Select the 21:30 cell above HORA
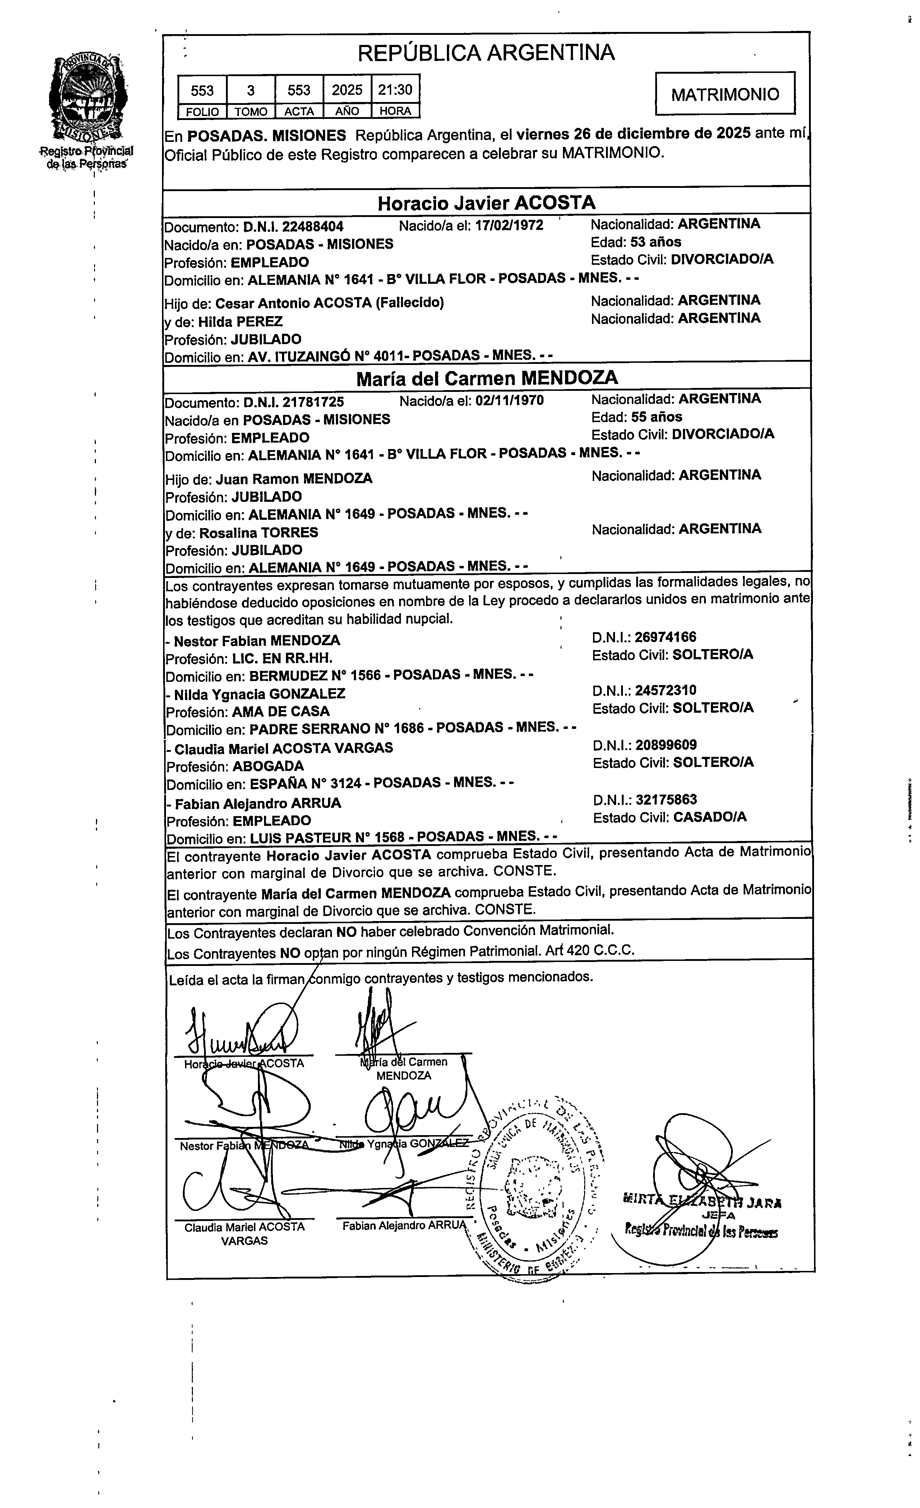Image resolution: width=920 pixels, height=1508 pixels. (x=395, y=90)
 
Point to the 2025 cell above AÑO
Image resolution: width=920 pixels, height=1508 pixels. (x=347, y=90)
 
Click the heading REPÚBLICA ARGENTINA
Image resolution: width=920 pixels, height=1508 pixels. (x=486, y=53)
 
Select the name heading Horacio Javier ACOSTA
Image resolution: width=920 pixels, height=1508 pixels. (x=486, y=203)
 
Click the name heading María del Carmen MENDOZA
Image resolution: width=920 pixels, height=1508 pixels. (x=487, y=378)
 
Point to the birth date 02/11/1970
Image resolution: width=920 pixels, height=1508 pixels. (x=509, y=401)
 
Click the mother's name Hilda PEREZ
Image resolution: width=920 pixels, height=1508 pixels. (x=241, y=321)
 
